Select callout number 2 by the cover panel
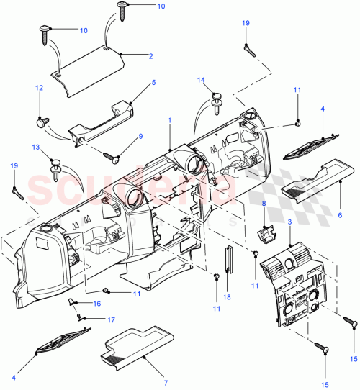coord(150,56)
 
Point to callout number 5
coord(153,83)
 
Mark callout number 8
coord(264,206)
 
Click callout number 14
coord(202,80)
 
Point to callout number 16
coord(97,304)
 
